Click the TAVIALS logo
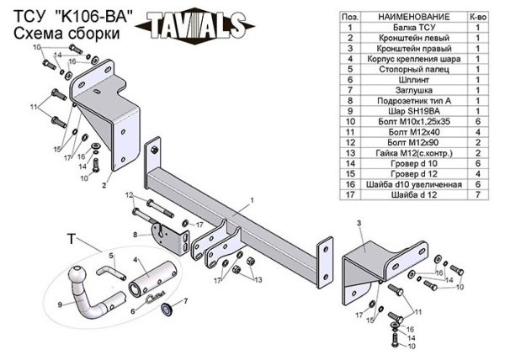pyautogui.click(x=195, y=25)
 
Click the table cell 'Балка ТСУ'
pyautogui.click(x=414, y=28)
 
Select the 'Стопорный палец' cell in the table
pyautogui.click(x=414, y=69)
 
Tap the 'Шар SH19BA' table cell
pyautogui.click(x=414, y=111)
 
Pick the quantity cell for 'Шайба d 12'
pyautogui.click(x=478, y=194)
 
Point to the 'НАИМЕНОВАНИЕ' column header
pyautogui.click(x=414, y=17)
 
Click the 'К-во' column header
pyautogui.click(x=478, y=17)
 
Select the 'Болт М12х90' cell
pyautogui.click(x=414, y=142)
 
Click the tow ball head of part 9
pyautogui.click(x=77, y=275)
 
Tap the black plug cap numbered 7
pyautogui.click(x=167, y=310)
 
